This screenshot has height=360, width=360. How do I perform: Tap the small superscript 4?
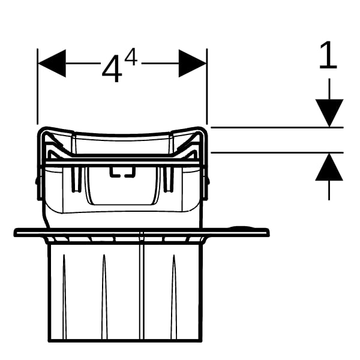click(x=131, y=59)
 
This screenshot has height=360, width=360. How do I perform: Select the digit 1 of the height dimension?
click(x=327, y=56)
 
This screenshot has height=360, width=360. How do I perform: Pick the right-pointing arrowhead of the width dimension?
click(x=193, y=63)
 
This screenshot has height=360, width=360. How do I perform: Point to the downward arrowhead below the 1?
click(x=329, y=112)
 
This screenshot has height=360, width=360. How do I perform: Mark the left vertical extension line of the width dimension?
click(x=38, y=90)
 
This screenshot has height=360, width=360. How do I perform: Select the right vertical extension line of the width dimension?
click(x=207, y=90)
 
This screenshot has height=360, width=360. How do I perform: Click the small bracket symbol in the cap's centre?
click(x=122, y=174)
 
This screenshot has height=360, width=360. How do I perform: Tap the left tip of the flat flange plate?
click(x=17, y=232)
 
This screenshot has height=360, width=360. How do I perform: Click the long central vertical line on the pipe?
click(x=140, y=288)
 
